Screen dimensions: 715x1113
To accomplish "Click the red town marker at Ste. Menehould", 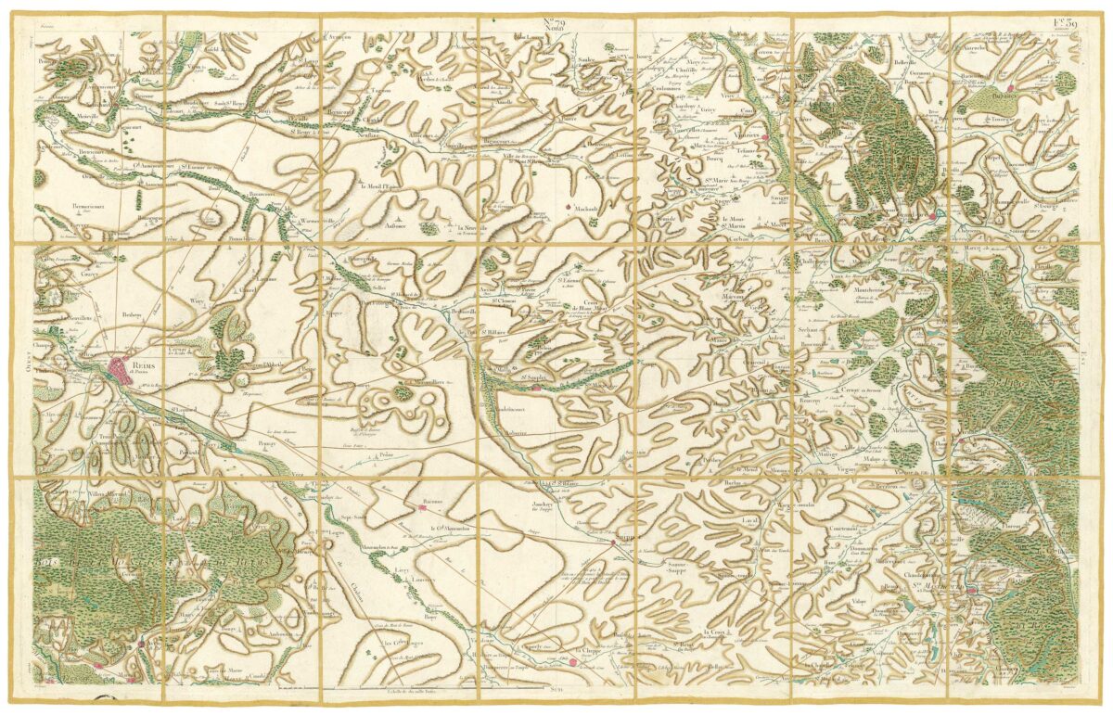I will [972, 590].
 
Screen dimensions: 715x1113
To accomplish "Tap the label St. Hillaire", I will [493, 329].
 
